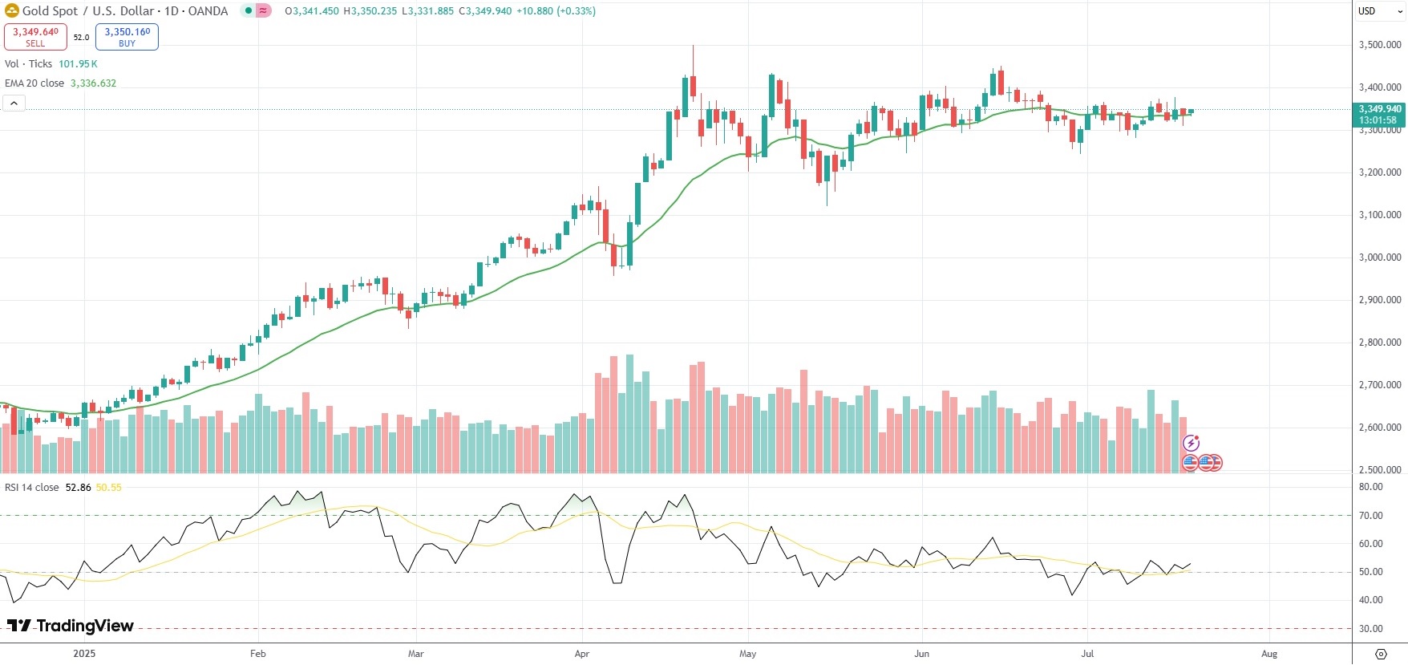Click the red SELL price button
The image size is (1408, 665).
(x=35, y=37)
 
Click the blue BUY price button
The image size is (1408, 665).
(x=127, y=37)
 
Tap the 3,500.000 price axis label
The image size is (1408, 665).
(x=1379, y=45)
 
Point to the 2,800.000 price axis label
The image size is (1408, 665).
(x=1379, y=343)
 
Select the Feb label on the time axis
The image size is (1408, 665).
(x=257, y=654)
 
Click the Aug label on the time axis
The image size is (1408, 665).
(x=1269, y=654)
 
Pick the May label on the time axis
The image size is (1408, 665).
(x=747, y=654)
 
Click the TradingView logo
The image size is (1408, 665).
(x=71, y=626)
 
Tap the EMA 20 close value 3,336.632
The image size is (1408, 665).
(x=93, y=83)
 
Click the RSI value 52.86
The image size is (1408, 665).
(x=78, y=488)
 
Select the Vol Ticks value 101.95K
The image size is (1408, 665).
(x=78, y=64)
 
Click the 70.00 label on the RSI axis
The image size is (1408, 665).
(x=1370, y=516)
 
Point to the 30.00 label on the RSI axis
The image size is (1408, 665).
(x=1370, y=629)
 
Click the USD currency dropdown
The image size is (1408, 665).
(x=1378, y=11)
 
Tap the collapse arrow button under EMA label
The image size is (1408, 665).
(x=14, y=103)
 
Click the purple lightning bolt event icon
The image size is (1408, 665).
(x=1191, y=443)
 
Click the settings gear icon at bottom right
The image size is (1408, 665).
(x=1381, y=654)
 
